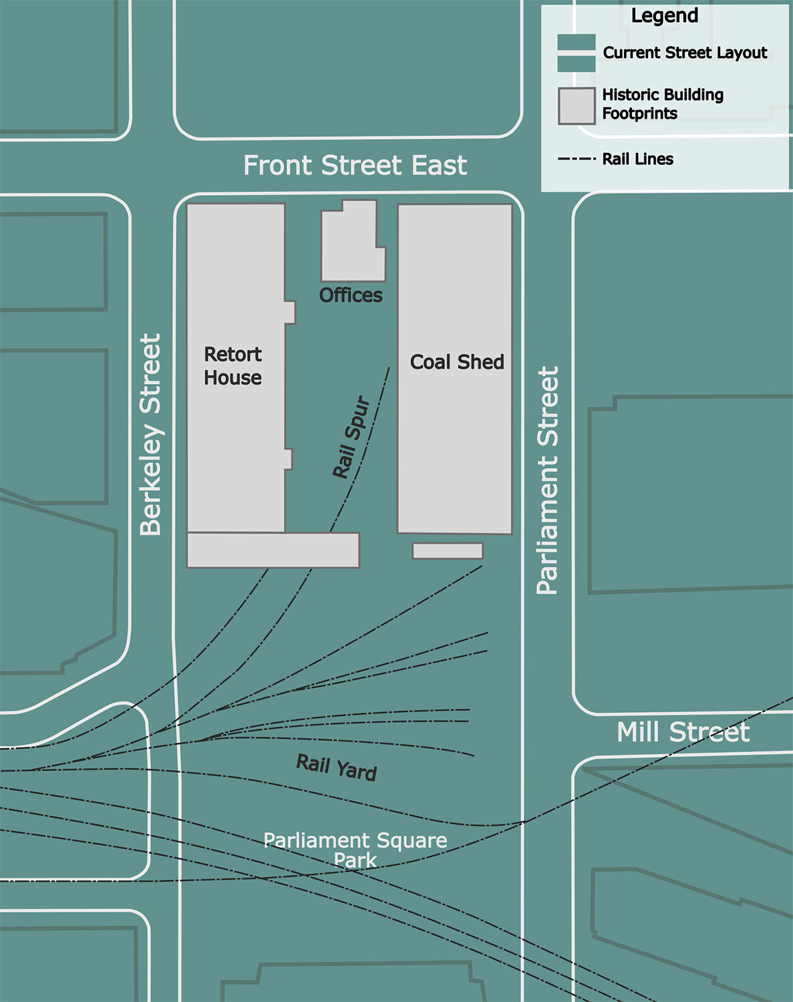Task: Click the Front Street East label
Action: (x=355, y=165)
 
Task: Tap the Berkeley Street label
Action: (x=151, y=434)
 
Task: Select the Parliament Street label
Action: (x=547, y=480)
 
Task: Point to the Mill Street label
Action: (x=682, y=732)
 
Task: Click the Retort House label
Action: (x=232, y=366)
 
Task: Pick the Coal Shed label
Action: (x=457, y=362)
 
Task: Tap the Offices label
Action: (x=351, y=295)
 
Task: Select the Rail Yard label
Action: (x=337, y=768)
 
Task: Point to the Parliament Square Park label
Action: (x=355, y=849)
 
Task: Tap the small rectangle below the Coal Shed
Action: (x=448, y=551)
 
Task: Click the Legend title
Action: (x=665, y=16)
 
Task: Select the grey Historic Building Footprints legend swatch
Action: (x=577, y=106)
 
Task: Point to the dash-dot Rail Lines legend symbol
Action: (x=576, y=159)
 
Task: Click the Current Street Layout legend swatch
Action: (x=577, y=53)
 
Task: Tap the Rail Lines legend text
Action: (x=637, y=159)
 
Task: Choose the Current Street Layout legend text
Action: (x=685, y=53)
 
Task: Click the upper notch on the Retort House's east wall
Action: (x=290, y=313)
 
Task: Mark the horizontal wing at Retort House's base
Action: (x=273, y=550)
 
